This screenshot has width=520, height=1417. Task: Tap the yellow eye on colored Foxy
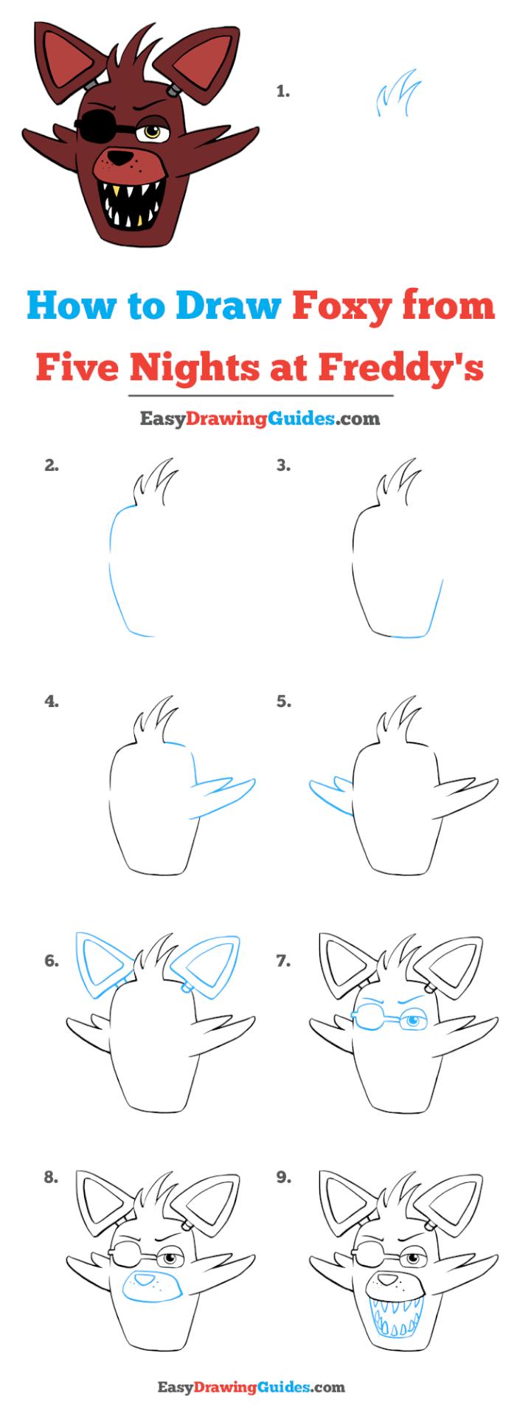152,132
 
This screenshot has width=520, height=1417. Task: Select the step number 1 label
282,92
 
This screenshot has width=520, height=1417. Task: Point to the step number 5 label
284,701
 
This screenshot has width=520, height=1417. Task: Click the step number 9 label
284,1178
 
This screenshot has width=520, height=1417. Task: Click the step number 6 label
51,961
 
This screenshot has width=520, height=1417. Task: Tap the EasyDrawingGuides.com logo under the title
260,419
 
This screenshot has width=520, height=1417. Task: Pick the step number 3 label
284,465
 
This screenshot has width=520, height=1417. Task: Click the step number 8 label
51,1178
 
